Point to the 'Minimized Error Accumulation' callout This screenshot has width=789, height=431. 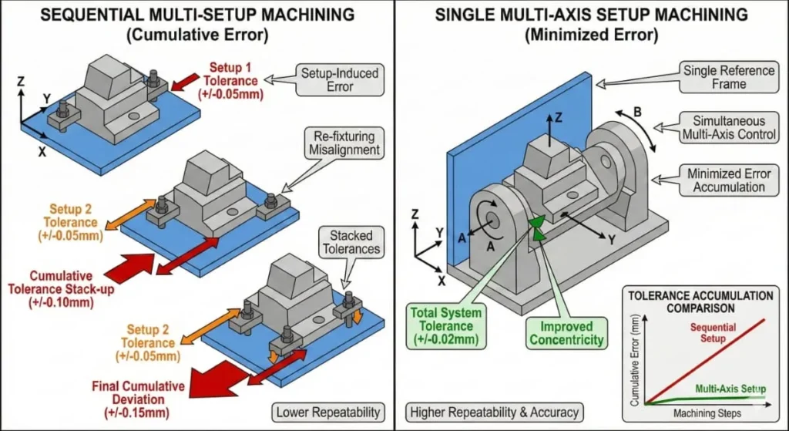click(x=726, y=180)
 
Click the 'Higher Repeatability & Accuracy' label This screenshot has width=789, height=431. click(x=475, y=413)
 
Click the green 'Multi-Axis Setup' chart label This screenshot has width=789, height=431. click(x=727, y=389)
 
